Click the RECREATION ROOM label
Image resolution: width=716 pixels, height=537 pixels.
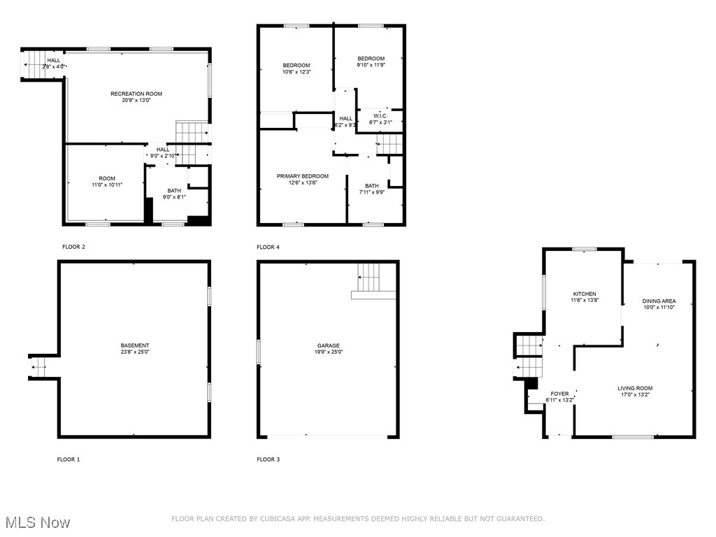[x=136, y=94]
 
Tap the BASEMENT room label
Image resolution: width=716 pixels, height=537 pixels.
[x=134, y=345]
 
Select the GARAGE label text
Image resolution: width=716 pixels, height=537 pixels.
[x=328, y=345]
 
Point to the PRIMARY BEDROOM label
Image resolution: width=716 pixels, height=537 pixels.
[x=302, y=176]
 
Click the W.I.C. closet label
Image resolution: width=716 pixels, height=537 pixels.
[x=380, y=115]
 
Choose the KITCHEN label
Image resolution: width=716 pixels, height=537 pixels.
[x=585, y=294]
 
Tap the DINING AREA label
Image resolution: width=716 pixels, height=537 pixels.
[x=659, y=301]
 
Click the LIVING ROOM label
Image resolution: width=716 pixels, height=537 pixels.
[x=635, y=388]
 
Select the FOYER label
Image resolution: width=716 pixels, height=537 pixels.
[x=559, y=394]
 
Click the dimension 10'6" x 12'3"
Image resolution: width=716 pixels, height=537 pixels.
[x=296, y=71]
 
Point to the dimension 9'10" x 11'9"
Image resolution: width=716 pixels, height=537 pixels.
[x=371, y=64]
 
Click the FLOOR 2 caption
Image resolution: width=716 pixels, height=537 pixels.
[x=73, y=247]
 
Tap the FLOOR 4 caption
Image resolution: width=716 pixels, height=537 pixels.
[x=268, y=247]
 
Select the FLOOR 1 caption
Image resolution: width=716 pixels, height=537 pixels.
[x=69, y=459]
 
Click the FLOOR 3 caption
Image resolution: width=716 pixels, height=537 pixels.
[x=268, y=459]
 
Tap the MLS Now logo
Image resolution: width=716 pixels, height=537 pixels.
[x=37, y=522]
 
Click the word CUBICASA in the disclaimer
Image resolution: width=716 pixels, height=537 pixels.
[x=275, y=519]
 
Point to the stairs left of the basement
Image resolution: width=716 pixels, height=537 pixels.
[x=38, y=366]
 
